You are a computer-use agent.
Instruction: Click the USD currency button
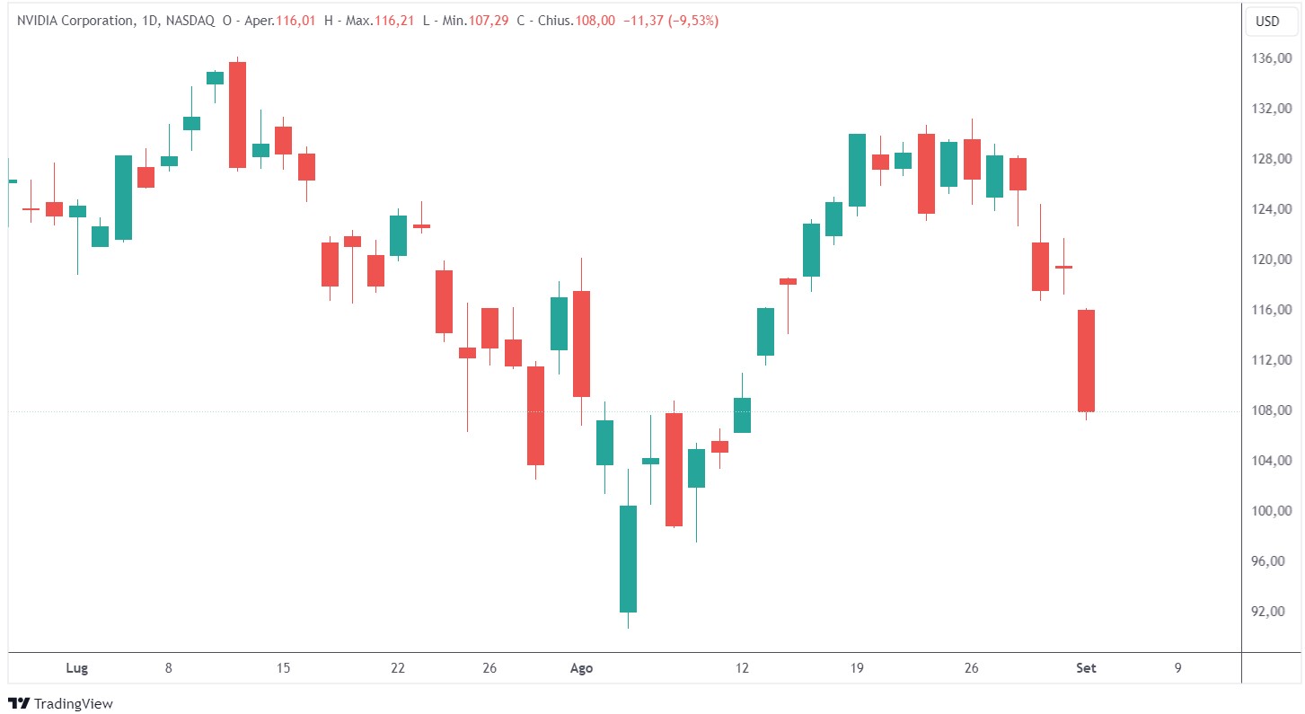(1267, 22)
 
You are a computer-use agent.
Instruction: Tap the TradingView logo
(60, 703)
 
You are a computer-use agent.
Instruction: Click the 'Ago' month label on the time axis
(582, 668)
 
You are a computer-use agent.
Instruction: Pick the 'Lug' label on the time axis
(77, 668)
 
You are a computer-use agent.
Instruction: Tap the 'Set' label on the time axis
(1087, 668)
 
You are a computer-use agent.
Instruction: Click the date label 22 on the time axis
(398, 668)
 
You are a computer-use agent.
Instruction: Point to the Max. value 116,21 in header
(396, 21)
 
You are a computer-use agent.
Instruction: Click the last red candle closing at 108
(1085, 360)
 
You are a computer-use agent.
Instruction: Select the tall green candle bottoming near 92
(628, 559)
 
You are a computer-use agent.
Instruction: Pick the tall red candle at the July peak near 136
(237, 114)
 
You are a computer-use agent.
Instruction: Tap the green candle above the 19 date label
(857, 170)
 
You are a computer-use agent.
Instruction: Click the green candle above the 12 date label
(742, 415)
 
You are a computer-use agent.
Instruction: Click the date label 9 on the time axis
(1177, 668)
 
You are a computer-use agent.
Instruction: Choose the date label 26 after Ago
(971, 668)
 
